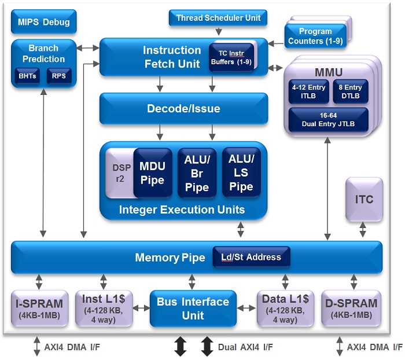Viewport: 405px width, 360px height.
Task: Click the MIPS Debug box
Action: (x=43, y=23)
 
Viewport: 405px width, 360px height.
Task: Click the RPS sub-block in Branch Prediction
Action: (x=59, y=76)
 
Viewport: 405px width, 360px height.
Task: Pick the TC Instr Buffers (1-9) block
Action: (x=231, y=56)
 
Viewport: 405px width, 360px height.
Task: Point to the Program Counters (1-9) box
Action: (x=315, y=35)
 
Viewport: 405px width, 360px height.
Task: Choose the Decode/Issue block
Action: (x=183, y=109)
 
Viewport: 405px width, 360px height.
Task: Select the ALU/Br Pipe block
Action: (x=196, y=172)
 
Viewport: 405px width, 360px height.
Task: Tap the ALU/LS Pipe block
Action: (x=241, y=172)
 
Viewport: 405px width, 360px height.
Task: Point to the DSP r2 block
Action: (x=118, y=172)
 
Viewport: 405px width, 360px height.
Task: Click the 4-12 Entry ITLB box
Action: (x=308, y=91)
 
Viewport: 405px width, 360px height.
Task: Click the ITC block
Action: (x=364, y=200)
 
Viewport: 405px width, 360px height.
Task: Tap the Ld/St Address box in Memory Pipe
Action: (x=251, y=257)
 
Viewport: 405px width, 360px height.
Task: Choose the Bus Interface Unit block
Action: (x=193, y=308)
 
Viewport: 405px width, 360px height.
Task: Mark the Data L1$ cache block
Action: (x=285, y=308)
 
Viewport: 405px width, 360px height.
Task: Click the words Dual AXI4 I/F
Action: (x=245, y=347)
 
